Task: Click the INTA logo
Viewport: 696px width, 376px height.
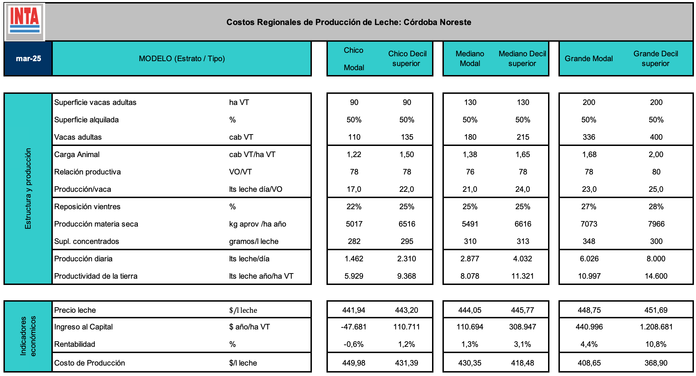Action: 25,22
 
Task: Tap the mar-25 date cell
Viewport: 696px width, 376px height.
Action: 28,58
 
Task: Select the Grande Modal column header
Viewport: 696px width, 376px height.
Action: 589,58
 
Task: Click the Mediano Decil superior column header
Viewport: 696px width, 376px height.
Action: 522,58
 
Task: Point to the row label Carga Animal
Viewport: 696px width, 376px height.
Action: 77,154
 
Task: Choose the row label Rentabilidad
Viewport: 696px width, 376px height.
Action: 75,344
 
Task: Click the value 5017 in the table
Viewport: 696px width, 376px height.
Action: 354,224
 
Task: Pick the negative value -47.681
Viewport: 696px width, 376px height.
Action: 354,327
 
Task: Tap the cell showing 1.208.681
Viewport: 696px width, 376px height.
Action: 656,327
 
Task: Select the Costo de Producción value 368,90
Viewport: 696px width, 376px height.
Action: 656,363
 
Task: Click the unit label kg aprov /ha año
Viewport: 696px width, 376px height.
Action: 257,224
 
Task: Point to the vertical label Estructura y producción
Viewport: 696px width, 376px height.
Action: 28,189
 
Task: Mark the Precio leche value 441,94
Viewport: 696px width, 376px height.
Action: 354,310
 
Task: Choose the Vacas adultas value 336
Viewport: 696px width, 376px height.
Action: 589,137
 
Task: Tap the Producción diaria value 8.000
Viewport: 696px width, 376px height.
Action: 656,259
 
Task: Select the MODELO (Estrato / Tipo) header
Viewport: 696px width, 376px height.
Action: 182,58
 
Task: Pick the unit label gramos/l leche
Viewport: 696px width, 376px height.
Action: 254,241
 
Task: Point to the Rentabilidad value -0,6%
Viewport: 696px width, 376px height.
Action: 354,344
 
